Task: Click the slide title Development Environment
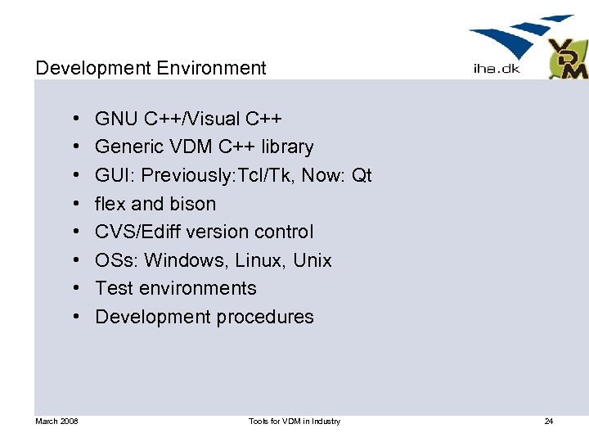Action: (x=151, y=68)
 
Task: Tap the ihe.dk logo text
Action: (x=496, y=69)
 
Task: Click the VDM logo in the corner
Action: (x=568, y=59)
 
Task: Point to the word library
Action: (x=287, y=147)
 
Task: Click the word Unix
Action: (x=312, y=260)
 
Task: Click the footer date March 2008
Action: (x=56, y=422)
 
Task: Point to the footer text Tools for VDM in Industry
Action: (x=294, y=422)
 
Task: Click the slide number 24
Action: (x=548, y=422)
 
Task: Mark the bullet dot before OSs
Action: (x=74, y=260)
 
